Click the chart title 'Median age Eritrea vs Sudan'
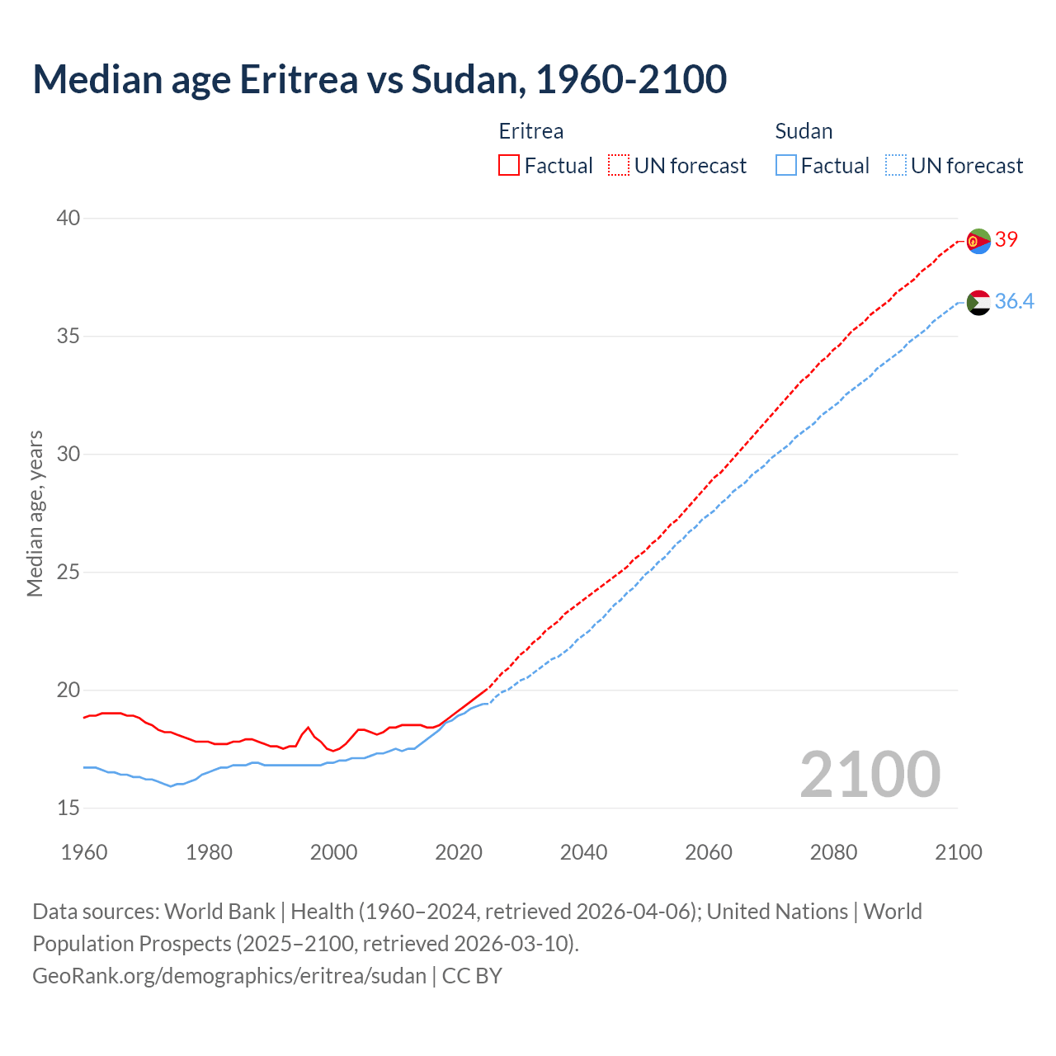click(379, 79)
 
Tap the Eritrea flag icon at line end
click(978, 241)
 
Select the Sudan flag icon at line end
click(978, 303)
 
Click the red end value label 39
click(1006, 239)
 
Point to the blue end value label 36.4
click(1014, 301)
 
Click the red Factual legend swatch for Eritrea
click(509, 165)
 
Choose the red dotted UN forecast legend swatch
click(619, 165)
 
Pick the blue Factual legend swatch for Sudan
click(785, 165)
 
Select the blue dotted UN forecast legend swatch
click(895, 165)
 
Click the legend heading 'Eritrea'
click(531, 131)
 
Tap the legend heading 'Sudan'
click(804, 131)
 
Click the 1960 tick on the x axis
click(84, 852)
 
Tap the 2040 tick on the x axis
click(583, 852)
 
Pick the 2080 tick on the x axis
click(833, 852)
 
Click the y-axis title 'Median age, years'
click(35, 513)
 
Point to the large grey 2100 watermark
click(870, 774)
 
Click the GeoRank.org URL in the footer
click(229, 975)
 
